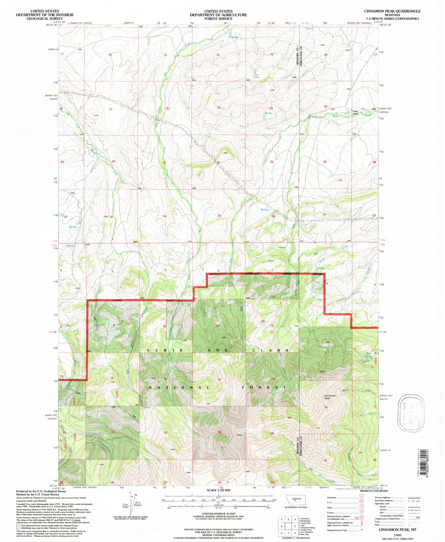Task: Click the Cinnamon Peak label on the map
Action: (x=330, y=397)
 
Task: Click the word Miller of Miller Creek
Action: (x=336, y=116)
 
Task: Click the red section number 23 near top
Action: (x=219, y=108)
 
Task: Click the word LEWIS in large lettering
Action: (x=165, y=350)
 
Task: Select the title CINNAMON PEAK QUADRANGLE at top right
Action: (x=392, y=11)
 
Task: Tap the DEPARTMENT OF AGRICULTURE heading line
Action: (x=218, y=15)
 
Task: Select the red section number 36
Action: (x=273, y=216)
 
